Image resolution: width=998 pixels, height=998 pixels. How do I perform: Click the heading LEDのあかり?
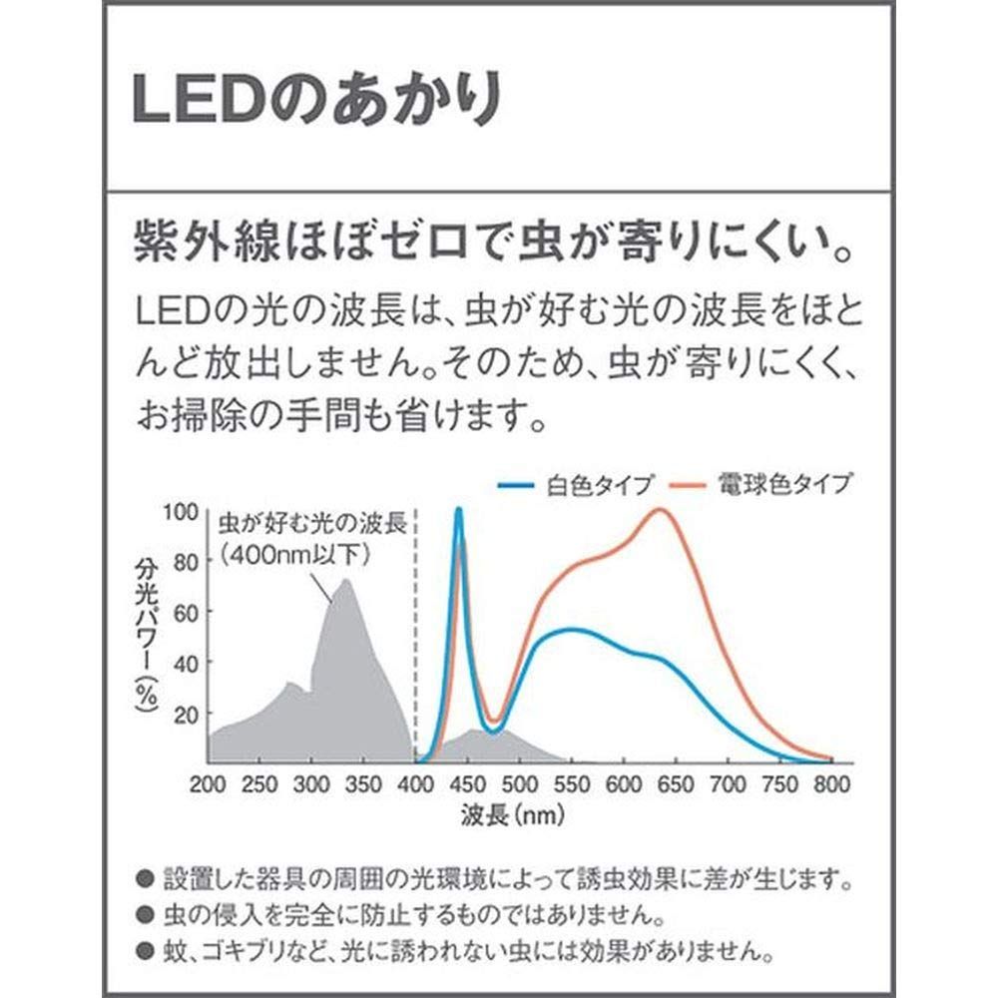[315, 99]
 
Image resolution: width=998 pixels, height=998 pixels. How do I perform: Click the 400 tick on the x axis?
[416, 783]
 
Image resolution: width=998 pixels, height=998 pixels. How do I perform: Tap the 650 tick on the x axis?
[676, 783]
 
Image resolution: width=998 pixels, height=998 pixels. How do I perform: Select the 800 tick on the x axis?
[831, 783]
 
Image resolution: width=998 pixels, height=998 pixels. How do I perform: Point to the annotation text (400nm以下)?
[295, 555]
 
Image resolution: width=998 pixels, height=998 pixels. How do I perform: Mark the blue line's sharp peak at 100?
[458, 510]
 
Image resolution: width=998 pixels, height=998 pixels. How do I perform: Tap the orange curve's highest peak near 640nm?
[661, 509]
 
